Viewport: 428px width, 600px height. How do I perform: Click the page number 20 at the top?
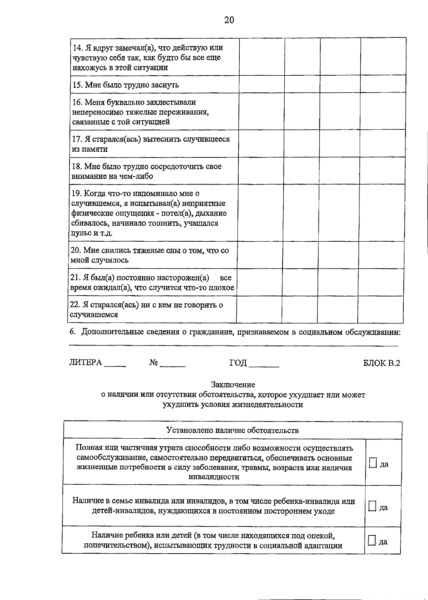(229, 20)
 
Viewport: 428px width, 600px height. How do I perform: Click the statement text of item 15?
(126, 85)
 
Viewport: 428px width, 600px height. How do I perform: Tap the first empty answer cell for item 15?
(261, 84)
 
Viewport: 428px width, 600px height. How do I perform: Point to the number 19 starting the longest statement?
(76, 193)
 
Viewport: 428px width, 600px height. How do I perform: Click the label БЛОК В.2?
(382, 363)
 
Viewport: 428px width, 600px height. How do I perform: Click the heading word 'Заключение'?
(233, 385)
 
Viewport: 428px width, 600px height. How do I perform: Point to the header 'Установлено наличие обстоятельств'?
(233, 430)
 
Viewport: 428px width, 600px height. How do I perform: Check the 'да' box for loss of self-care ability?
(373, 463)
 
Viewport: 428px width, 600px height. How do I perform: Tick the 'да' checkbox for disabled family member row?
(372, 506)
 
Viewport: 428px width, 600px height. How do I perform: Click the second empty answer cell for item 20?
(300, 255)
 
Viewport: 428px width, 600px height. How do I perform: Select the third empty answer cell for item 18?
(340, 171)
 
